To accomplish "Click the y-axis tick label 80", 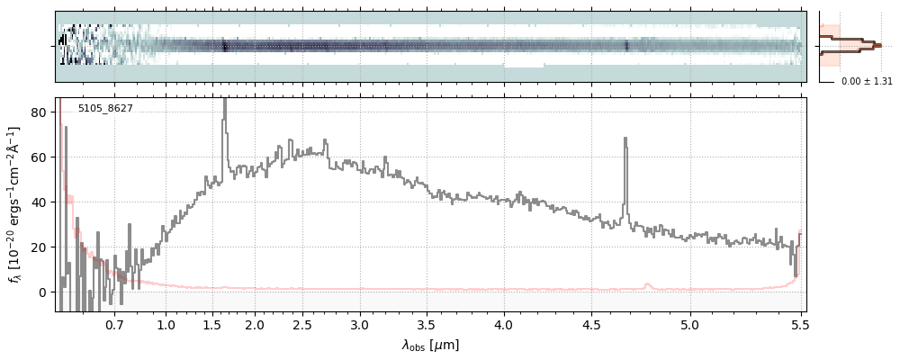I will coord(40,112).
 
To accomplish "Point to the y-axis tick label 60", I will coord(40,157).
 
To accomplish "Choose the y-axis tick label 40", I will coord(40,202).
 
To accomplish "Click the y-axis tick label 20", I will coord(40,247).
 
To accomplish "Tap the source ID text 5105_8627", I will coord(105,109).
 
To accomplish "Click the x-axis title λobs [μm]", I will coord(430,345).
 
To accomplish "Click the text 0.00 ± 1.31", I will coord(866,82).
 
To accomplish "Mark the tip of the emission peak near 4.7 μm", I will coord(625,138).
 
